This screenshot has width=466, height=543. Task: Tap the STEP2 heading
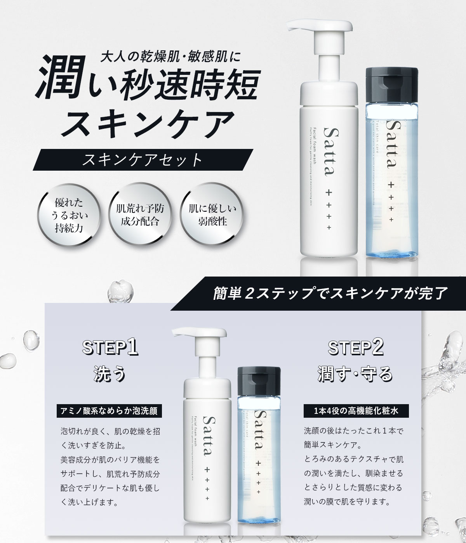(356, 348)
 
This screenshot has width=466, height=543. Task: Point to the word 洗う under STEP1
(110, 375)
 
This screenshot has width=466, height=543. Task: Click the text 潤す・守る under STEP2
(355, 375)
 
